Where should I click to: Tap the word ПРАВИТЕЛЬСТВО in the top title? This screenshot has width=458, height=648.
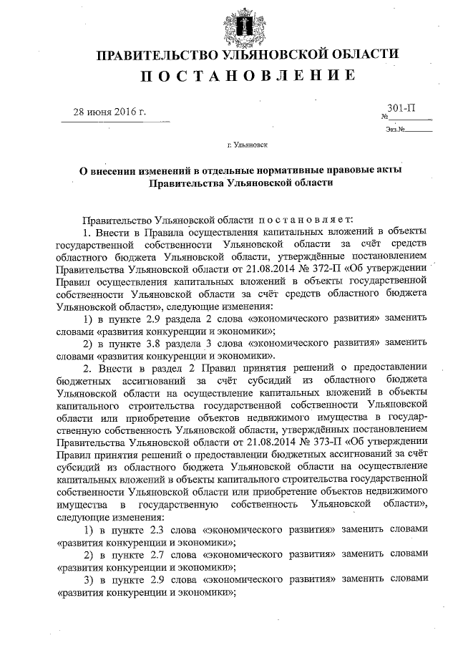point(154,55)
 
